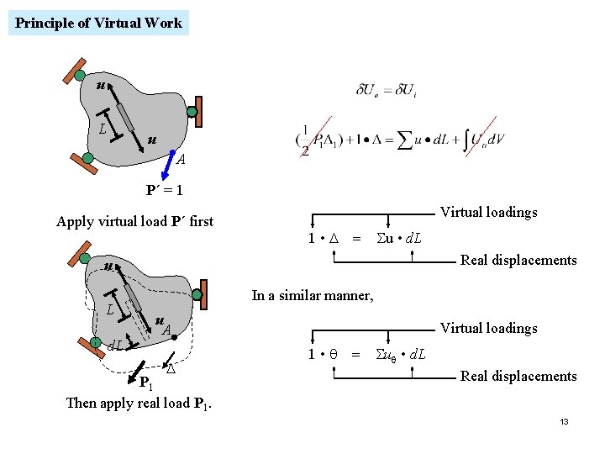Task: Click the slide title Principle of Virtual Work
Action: [98, 23]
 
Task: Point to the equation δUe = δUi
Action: [387, 90]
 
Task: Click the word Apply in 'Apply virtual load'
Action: [74, 222]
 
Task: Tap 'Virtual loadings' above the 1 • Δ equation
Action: [488, 212]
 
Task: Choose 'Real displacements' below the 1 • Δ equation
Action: [518, 260]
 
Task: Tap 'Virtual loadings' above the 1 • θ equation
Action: [488, 328]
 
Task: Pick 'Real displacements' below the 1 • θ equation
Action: [518, 376]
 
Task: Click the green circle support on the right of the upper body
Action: [192, 111]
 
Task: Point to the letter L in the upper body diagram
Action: [102, 130]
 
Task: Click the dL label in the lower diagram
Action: [116, 345]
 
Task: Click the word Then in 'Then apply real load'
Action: [82, 403]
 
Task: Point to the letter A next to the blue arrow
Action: [181, 161]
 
